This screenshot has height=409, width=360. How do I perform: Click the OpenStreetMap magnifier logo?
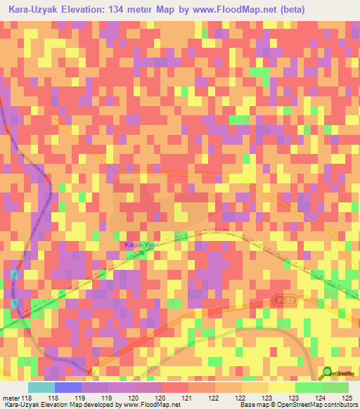[x=327, y=374]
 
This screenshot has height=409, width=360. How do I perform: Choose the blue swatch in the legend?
[x=67, y=387]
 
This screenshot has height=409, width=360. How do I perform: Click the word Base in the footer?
[x=245, y=405]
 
